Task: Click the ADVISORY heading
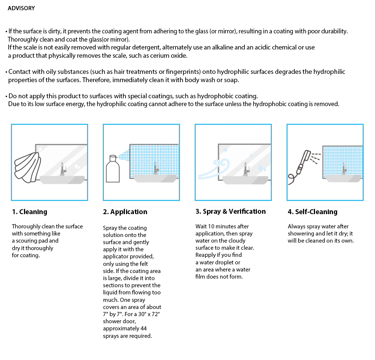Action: click(21, 8)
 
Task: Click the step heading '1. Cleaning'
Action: click(30, 212)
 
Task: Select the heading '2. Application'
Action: click(125, 212)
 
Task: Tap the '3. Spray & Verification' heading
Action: click(231, 211)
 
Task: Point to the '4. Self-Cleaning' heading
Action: click(313, 212)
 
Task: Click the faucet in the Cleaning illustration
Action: click(63, 169)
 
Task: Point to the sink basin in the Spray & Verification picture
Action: click(245, 180)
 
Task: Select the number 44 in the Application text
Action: click(144, 328)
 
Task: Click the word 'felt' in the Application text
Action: click(144, 264)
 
